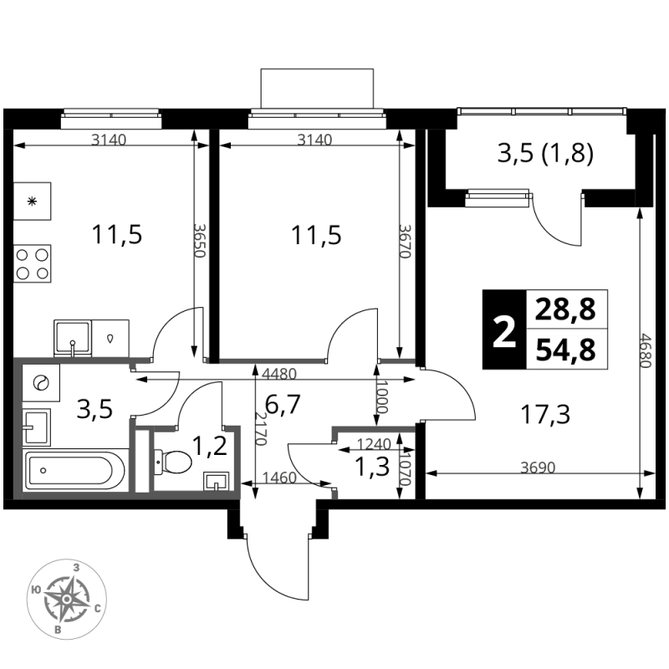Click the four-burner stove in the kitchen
click(x=32, y=263)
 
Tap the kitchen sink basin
click(x=73, y=338)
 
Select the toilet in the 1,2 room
click(x=173, y=462)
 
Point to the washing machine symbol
click(x=40, y=383)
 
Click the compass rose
click(x=67, y=599)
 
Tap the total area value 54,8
click(x=565, y=350)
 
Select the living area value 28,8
click(x=565, y=309)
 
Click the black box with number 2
click(x=504, y=329)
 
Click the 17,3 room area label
click(x=545, y=414)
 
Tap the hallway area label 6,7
click(x=283, y=404)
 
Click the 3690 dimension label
click(x=538, y=467)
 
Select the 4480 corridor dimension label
click(x=279, y=374)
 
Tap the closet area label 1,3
click(x=372, y=467)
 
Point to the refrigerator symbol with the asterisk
click(x=32, y=202)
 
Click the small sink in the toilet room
click(x=217, y=481)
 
